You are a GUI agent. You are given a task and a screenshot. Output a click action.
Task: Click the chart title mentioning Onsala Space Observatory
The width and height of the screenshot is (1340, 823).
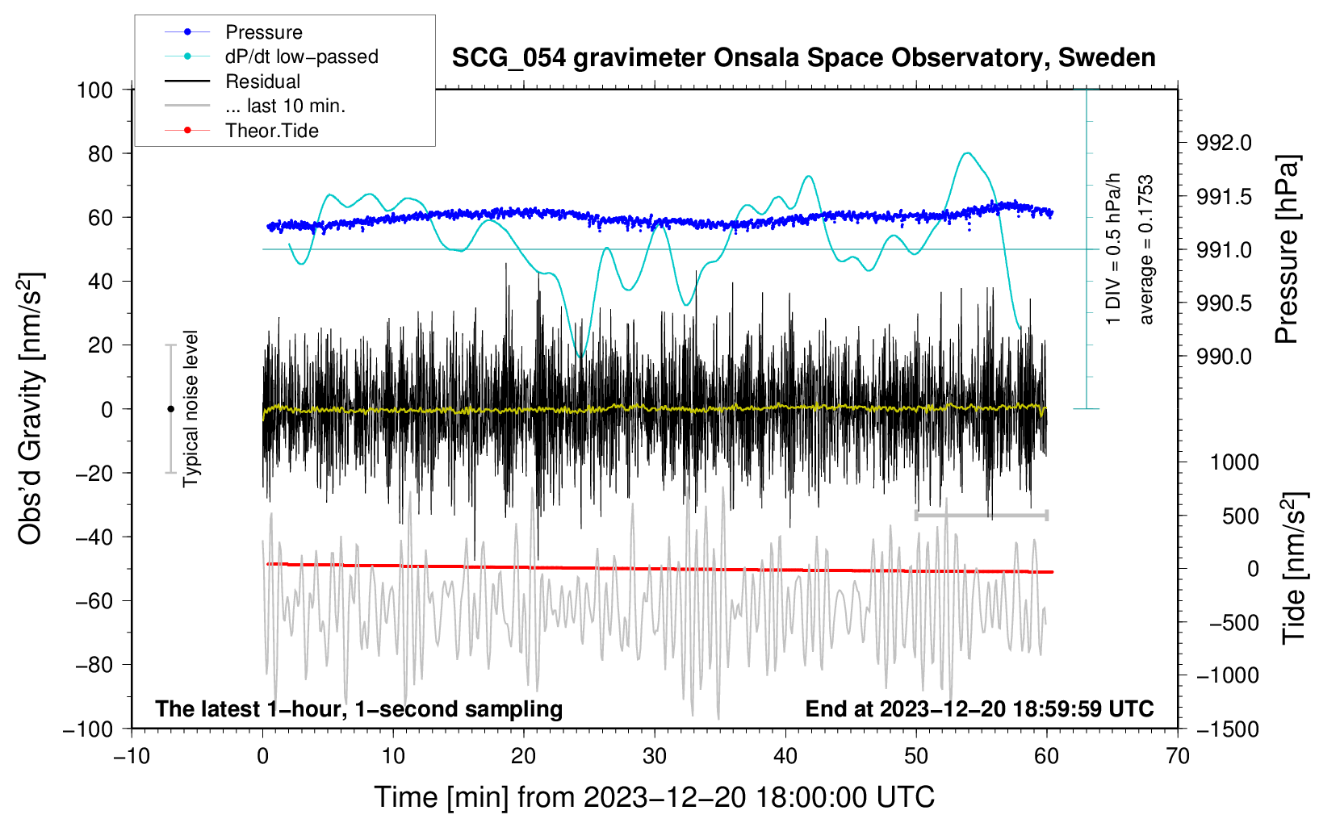click(803, 58)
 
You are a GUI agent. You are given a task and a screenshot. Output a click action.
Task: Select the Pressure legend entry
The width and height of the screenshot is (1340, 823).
click(263, 32)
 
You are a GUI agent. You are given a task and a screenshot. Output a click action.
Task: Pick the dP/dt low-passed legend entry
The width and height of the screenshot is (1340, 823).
click(301, 56)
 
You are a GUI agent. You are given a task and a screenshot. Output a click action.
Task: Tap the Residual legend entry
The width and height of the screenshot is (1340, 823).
click(262, 81)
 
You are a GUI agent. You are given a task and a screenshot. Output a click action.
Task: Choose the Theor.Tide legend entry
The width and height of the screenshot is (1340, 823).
click(271, 131)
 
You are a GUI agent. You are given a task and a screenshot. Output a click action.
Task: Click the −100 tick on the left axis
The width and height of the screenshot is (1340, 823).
click(88, 729)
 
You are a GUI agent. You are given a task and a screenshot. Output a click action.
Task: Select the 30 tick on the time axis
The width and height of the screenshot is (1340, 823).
click(655, 756)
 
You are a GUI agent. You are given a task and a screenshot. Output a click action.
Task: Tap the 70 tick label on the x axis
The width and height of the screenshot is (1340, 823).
click(1178, 756)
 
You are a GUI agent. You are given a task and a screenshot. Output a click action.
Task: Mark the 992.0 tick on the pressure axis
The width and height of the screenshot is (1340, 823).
click(1224, 144)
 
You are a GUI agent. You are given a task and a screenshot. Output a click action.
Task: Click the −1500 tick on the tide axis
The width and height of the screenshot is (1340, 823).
click(1227, 729)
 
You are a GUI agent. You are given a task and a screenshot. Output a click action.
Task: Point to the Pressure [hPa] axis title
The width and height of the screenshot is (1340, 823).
click(1288, 250)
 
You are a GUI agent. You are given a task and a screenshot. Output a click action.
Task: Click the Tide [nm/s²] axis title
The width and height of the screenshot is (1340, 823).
click(1293, 568)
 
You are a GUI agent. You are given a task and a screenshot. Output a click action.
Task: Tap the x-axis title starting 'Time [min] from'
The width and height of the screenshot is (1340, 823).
click(654, 797)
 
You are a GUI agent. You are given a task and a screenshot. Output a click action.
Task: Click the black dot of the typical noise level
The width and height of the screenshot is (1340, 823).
click(170, 409)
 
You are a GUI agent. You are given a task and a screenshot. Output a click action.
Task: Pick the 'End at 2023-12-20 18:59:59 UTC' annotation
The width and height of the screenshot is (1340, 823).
click(979, 708)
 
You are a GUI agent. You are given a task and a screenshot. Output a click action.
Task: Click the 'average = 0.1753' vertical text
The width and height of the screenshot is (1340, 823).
click(1146, 250)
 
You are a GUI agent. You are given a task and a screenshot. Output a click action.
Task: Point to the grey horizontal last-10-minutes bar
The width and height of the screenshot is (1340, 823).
click(981, 515)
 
